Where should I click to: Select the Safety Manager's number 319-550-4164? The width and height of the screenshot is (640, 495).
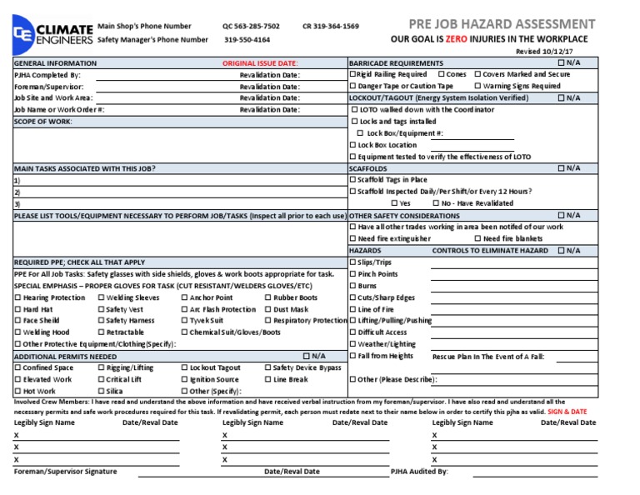(247, 39)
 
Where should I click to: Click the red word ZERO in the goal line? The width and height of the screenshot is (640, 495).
(454, 39)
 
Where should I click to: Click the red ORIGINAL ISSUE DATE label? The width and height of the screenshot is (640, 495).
(260, 63)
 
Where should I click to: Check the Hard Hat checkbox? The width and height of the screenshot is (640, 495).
(17, 309)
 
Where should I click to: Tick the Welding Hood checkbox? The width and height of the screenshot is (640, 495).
(17, 332)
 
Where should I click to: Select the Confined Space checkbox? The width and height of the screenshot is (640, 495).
(17, 367)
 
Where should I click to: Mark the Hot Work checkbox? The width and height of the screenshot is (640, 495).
(17, 391)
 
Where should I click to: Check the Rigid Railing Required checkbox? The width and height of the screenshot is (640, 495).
(352, 74)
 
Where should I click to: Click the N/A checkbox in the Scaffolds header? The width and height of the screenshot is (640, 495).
(561, 168)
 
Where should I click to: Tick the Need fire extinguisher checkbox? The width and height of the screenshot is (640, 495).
(352, 238)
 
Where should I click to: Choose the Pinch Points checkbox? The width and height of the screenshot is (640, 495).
(352, 274)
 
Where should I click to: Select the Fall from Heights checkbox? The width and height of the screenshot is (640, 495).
(352, 356)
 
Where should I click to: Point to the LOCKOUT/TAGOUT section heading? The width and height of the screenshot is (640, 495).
(427, 97)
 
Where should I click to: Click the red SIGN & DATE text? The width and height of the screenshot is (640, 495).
(567, 412)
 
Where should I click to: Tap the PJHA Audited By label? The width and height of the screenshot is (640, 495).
(419, 472)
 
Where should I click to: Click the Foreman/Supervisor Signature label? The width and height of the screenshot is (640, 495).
(66, 472)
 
